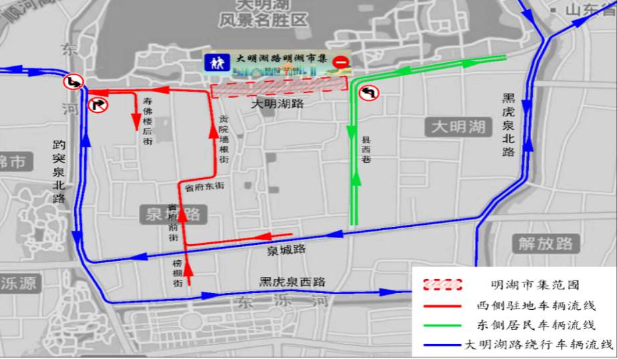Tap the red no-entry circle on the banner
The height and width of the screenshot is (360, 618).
pyautogui.click(x=340, y=62)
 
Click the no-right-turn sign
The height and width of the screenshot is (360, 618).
pyautogui.click(x=98, y=104)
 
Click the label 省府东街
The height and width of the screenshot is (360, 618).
pyautogui.click(x=205, y=188)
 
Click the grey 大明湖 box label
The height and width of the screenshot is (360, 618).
pyautogui.click(x=457, y=126)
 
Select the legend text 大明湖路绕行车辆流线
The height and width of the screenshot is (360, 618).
pyautogui.click(x=539, y=345)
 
